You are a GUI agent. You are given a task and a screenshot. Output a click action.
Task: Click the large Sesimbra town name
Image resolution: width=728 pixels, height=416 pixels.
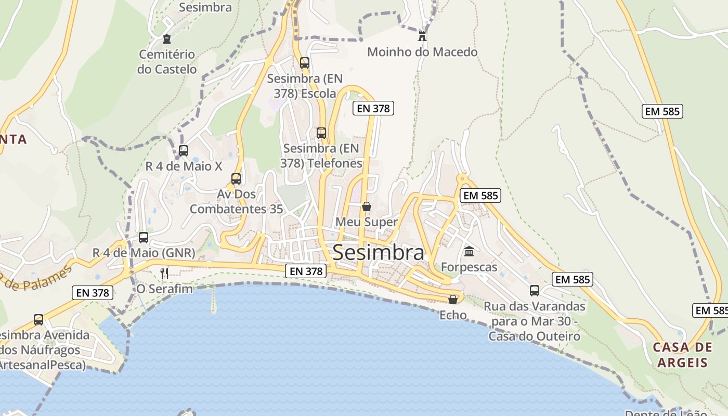[x=378, y=253]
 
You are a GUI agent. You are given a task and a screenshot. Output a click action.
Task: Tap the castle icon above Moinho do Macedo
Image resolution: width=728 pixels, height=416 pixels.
[x=422, y=36]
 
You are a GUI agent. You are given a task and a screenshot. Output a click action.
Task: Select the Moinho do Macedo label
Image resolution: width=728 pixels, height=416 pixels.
[x=422, y=52]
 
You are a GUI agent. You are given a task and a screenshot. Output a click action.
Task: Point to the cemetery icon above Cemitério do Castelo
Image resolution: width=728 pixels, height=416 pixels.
[x=166, y=39]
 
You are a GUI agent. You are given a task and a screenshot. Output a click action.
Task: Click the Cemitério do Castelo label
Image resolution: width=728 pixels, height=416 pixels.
[x=167, y=62]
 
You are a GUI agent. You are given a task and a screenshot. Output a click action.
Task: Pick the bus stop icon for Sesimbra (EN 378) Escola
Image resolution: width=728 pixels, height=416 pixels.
[x=305, y=63]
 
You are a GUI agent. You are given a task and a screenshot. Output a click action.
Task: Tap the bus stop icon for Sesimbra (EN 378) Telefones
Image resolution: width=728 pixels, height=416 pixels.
[x=321, y=133]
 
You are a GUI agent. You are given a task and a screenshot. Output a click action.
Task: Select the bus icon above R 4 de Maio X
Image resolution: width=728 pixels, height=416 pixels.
[x=184, y=151]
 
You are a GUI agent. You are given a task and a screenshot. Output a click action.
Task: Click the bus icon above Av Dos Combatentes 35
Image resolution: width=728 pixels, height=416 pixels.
[x=236, y=179]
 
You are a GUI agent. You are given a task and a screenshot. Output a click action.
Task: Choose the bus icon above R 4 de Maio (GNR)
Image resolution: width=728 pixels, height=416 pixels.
[x=144, y=238]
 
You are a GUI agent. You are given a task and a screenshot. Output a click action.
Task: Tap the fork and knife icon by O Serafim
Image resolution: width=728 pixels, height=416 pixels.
[x=164, y=273]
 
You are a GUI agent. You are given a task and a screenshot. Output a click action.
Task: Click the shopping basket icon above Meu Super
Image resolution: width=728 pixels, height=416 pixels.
[x=367, y=206]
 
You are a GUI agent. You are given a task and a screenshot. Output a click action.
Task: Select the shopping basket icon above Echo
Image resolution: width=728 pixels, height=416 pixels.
[x=453, y=300]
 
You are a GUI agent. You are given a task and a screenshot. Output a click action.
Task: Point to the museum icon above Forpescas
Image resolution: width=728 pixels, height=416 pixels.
[x=469, y=252]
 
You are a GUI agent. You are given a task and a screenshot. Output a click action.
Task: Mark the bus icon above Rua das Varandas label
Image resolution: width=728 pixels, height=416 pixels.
[x=535, y=291]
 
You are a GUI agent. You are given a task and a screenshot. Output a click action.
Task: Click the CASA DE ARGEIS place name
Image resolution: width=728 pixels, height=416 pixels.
[x=682, y=355]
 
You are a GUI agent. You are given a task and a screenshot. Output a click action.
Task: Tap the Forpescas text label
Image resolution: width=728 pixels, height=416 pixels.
[x=469, y=267]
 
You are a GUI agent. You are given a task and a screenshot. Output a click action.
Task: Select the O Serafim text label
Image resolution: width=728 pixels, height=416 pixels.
[x=164, y=289]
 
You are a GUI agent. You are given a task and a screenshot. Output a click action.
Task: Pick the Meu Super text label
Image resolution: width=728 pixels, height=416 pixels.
[x=367, y=222]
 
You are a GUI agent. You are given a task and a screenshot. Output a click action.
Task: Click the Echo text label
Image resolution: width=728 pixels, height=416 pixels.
[x=453, y=315]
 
